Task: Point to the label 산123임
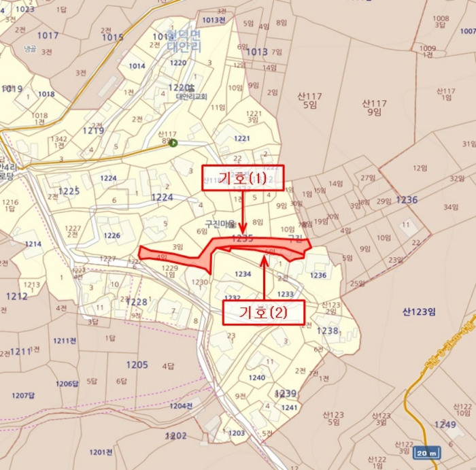[418, 312]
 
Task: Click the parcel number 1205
[137, 365]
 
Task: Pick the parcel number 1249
[445, 424]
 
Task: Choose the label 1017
[48, 35]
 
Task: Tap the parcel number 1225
[69, 191]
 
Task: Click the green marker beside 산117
[173, 143]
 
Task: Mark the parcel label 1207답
[23, 395]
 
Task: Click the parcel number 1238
[327, 331]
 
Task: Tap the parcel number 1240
[256, 377]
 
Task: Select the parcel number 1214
[33, 244]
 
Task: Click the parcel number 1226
[112, 236]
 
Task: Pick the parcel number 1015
[112, 37]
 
